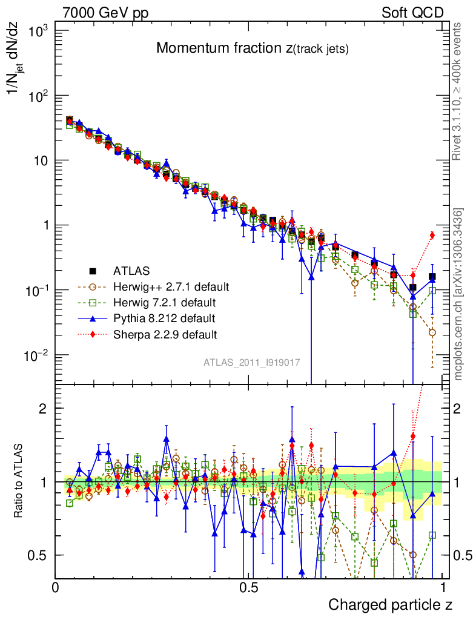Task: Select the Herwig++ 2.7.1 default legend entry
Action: (171, 286)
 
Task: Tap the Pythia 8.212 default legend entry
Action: (164, 318)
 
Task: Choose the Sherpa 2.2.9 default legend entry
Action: (165, 334)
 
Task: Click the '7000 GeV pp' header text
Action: (105, 13)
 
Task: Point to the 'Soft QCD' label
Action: (412, 13)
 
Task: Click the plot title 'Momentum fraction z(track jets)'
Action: (252, 49)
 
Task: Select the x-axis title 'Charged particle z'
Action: (390, 604)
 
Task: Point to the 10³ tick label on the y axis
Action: (37, 31)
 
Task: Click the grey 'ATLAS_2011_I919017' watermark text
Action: (251, 362)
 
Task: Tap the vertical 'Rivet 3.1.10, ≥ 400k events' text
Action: (458, 91)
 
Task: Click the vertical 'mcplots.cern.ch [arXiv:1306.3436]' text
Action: (458, 294)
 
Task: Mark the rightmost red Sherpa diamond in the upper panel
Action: (432, 236)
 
